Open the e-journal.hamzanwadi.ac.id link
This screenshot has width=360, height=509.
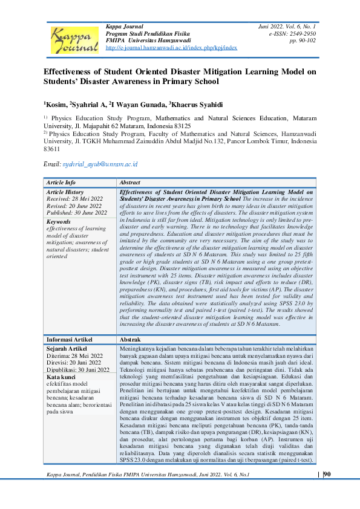click(171, 47)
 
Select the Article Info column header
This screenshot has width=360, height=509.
click(62, 182)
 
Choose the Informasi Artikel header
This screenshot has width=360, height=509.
click(70, 340)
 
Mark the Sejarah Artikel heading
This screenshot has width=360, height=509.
click(68, 349)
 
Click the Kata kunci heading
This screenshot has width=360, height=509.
click(61, 377)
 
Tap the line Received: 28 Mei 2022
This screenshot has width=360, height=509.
click(74, 198)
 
